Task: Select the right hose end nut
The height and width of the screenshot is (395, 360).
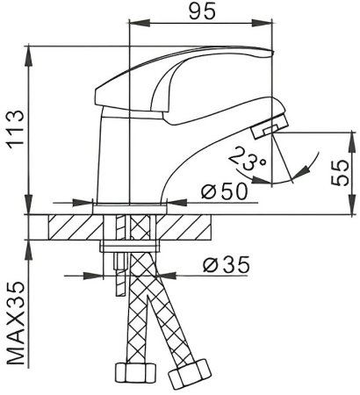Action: (x=187, y=378)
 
